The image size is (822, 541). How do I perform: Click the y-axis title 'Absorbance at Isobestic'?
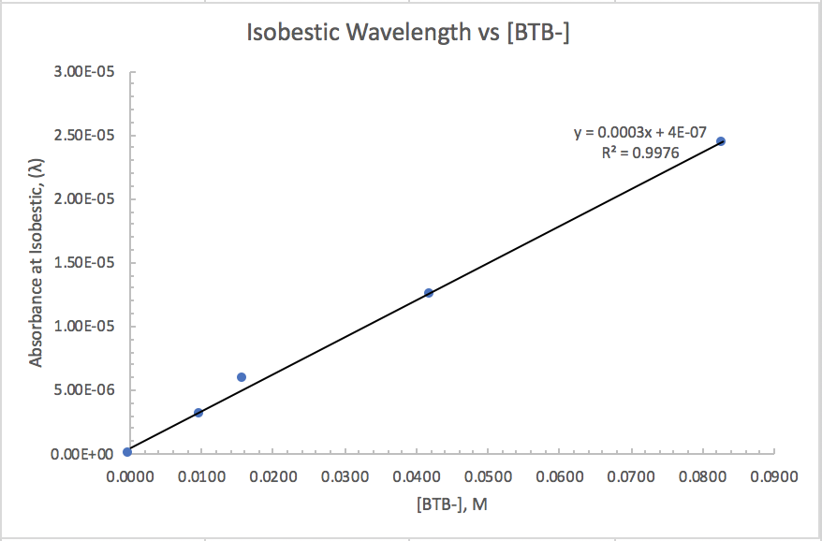tap(37, 263)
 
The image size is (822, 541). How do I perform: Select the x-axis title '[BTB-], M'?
tap(452, 504)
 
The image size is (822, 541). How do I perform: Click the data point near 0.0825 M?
tap(720, 141)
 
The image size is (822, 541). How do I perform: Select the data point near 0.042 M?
tap(429, 293)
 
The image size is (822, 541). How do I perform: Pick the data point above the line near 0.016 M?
tap(242, 377)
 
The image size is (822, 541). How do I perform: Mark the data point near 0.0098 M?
tap(198, 412)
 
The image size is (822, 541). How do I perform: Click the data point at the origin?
tap(127, 452)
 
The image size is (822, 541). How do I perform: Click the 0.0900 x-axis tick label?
tap(774, 476)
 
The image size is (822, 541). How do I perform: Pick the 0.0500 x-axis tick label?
tap(487, 476)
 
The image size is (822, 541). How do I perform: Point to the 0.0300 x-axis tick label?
tap(344, 476)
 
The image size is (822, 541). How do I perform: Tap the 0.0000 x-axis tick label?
tap(128, 476)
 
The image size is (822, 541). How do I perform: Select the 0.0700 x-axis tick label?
tap(631, 476)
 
